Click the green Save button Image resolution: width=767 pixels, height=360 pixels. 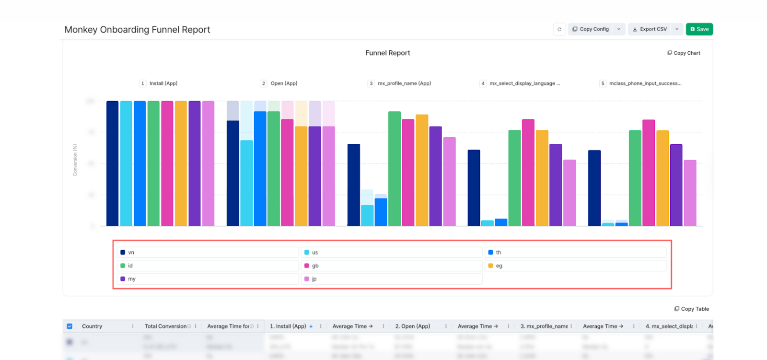[699, 29]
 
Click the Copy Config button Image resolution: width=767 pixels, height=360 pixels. [590, 29]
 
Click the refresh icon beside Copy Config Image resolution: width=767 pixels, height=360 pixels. [559, 29]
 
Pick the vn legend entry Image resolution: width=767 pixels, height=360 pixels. [207, 253]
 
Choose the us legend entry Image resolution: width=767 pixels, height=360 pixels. [391, 253]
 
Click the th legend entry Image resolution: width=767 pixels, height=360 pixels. [575, 253]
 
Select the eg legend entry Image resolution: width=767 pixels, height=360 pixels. [575, 266]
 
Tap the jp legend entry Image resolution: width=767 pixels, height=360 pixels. [391, 279]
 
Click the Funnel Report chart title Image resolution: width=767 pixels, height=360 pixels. [387, 53]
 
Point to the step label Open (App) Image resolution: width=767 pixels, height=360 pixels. [283, 83]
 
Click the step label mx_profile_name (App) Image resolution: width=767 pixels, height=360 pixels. [404, 83]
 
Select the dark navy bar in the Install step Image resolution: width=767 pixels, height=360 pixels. [112, 163]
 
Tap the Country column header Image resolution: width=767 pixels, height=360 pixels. [92, 326]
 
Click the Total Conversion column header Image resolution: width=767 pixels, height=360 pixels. [165, 326]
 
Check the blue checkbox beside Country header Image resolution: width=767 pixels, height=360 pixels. [70, 326]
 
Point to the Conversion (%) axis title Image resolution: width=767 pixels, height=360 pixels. [75, 160]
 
